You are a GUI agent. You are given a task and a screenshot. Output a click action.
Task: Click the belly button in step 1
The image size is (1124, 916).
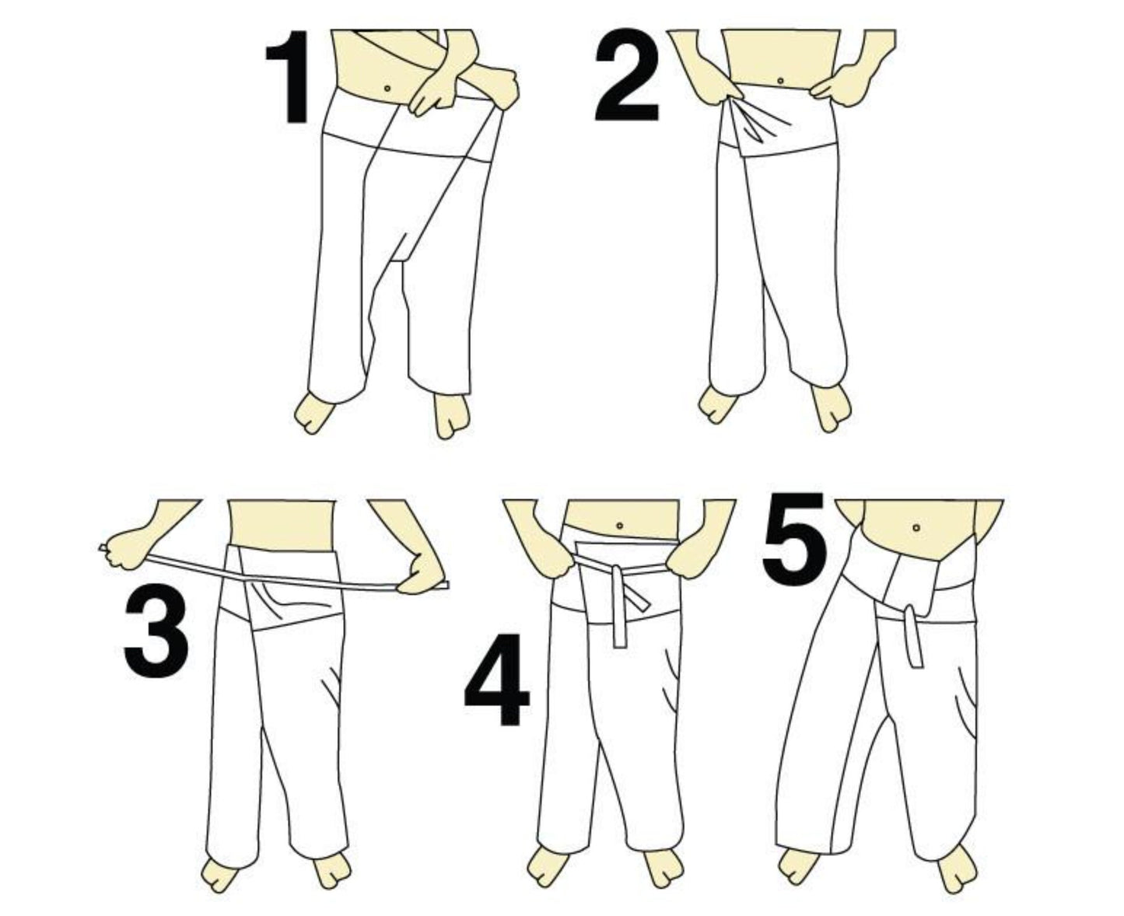[x=387, y=88]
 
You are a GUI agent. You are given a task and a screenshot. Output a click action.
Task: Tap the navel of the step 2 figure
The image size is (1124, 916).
[x=779, y=81]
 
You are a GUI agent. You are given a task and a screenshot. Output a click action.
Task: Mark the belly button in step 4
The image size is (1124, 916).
[x=619, y=526]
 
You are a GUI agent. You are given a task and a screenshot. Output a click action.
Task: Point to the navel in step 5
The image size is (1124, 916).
[x=916, y=528]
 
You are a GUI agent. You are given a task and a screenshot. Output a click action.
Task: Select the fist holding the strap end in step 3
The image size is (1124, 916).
[x=124, y=548]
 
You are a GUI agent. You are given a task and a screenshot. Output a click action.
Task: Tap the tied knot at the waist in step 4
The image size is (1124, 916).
[x=617, y=576]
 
